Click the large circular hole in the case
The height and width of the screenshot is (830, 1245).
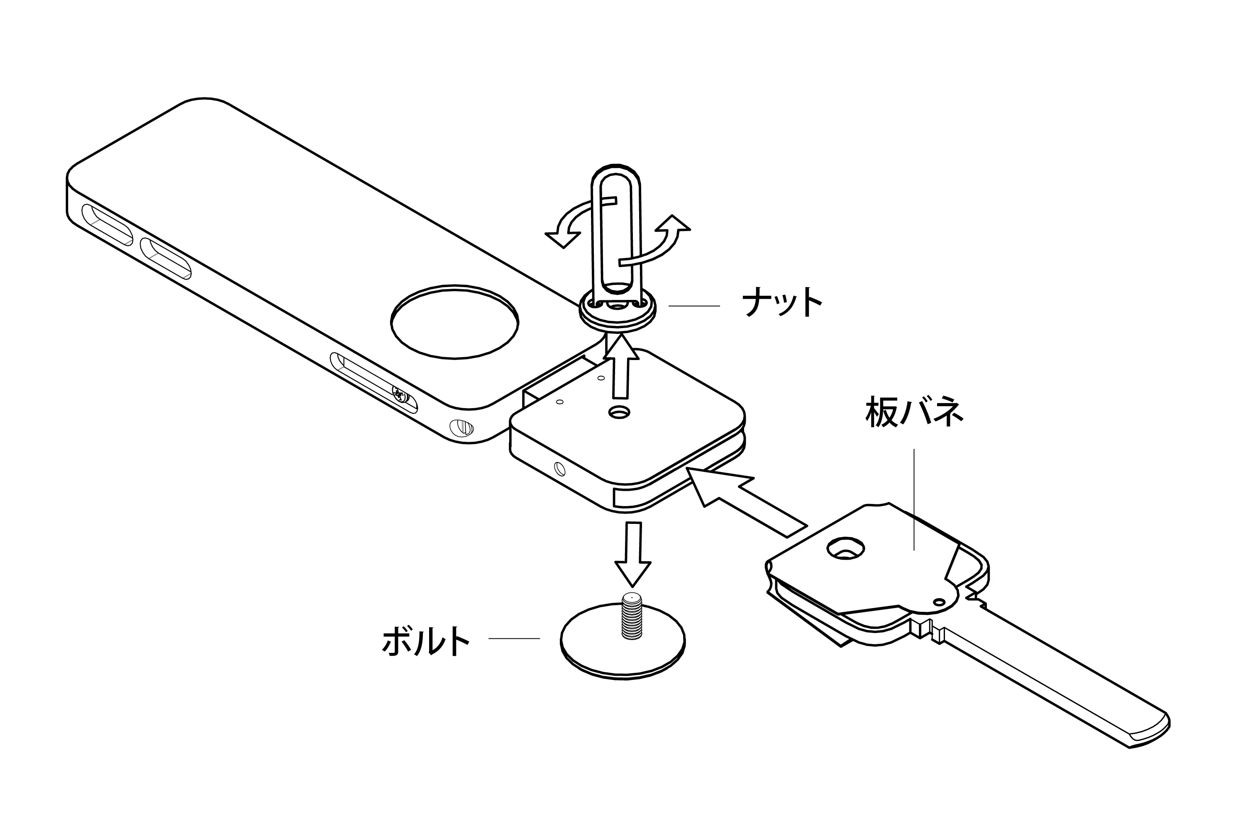[454, 324]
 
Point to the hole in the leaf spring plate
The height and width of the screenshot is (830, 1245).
[846, 548]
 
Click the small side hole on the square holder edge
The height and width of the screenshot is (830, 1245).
[559, 468]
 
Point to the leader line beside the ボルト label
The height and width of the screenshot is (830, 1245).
[514, 638]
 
